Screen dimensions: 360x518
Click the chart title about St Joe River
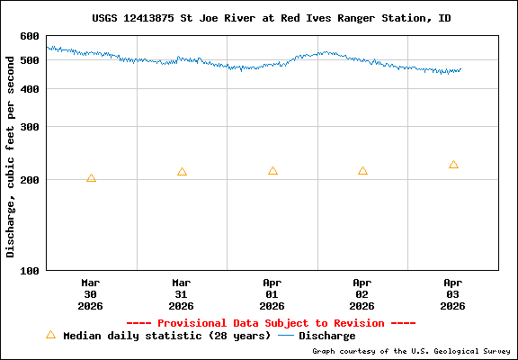coord(272,18)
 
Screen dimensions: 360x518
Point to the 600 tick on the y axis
coord(30,36)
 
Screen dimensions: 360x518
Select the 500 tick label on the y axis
coord(30,60)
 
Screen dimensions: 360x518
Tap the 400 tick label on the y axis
coord(30,89)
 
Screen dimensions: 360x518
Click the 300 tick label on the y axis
coord(30,127)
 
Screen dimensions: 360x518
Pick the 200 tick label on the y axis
coord(30,180)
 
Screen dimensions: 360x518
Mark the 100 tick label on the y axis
coord(30,270)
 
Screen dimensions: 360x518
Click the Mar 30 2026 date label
coord(91,293)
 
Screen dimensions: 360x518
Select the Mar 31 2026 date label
coord(182,293)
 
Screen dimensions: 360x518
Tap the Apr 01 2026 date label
coord(272,293)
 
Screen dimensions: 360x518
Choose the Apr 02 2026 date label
coord(362,293)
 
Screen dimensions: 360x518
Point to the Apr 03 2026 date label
coord(453,293)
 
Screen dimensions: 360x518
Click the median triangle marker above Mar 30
coord(91,178)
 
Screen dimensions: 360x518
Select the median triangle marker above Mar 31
coord(182,172)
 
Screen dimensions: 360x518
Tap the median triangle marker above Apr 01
coord(272,171)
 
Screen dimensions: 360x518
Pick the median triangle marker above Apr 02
coord(362,171)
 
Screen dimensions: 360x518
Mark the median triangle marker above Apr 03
coord(453,165)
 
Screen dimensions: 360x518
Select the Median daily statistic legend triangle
coord(50,335)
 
